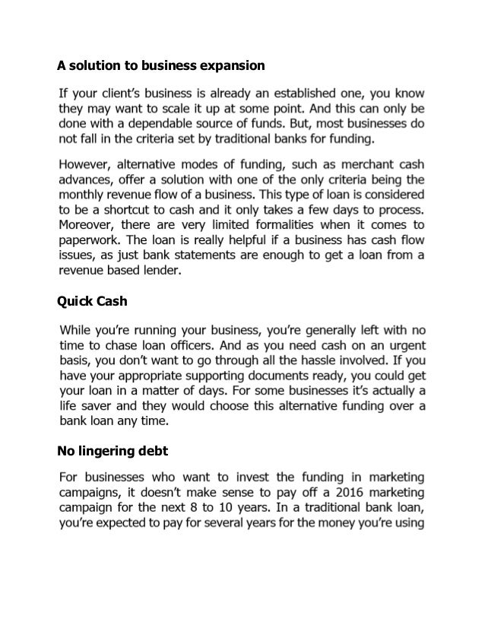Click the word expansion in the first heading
232,66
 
